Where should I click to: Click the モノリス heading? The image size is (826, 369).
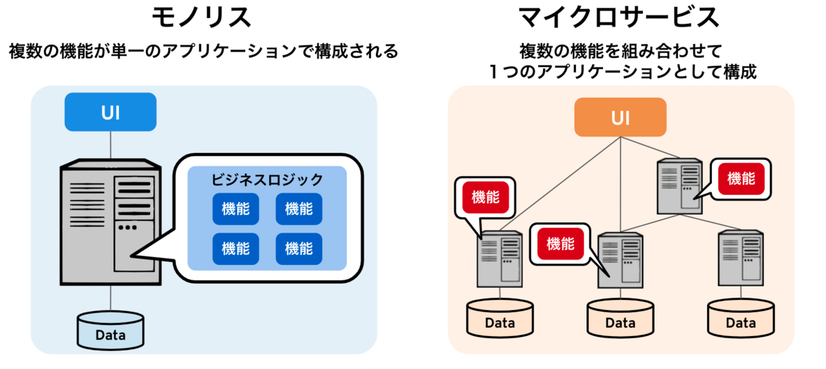202,17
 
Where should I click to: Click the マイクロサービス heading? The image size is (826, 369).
619,17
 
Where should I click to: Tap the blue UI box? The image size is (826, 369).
111,112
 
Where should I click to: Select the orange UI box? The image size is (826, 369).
621,117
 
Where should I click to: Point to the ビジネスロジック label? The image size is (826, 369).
267,180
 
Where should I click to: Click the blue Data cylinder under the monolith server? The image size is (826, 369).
111,330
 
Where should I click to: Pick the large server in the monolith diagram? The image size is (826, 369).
111,222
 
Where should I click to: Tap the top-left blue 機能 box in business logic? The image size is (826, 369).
235,209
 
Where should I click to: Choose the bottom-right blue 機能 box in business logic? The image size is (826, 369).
299,249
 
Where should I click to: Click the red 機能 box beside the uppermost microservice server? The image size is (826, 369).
741,179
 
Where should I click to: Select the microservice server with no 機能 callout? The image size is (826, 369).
741,258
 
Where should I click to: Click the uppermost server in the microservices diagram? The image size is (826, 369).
679,186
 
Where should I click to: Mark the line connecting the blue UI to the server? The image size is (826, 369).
111,145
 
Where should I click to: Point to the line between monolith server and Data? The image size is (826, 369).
111,298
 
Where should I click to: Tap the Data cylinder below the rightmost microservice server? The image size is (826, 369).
741,318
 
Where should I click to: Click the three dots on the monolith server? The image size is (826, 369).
127,227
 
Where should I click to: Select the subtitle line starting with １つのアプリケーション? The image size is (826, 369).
623,72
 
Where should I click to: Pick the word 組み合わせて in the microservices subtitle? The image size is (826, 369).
672,51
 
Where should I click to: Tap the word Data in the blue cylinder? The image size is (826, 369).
111,335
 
